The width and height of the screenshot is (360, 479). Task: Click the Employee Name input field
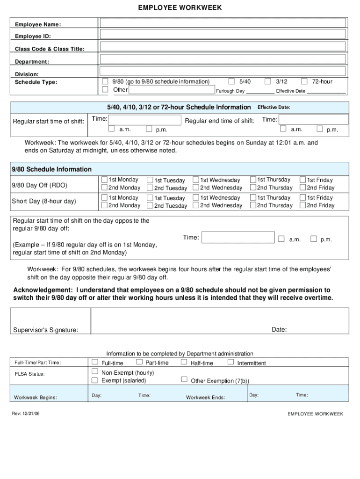pyautogui.click(x=223, y=23)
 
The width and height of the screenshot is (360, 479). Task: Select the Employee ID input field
pyautogui.click(x=223, y=36)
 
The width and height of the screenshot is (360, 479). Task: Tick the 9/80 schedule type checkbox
pyautogui.click(x=105, y=81)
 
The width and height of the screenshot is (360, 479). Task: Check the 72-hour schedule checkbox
pyautogui.click(x=305, y=81)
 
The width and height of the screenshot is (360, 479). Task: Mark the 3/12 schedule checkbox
pyautogui.click(x=268, y=81)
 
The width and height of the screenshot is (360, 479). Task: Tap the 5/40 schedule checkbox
pyautogui.click(x=231, y=81)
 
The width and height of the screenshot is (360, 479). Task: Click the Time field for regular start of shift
pyautogui.click(x=145, y=119)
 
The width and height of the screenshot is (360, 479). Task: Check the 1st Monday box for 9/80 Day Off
pyautogui.click(x=104, y=180)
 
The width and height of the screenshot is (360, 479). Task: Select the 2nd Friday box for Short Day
pyautogui.click(x=302, y=205)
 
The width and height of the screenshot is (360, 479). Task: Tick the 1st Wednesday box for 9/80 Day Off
pyautogui.click(x=196, y=180)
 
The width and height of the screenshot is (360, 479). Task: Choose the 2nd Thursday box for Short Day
pyautogui.click(x=253, y=205)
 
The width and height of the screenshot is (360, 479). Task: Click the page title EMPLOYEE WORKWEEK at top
pyautogui.click(x=180, y=8)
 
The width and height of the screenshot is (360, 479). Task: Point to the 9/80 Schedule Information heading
pyautogui.click(x=52, y=169)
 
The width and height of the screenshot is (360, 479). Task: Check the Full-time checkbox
pyautogui.click(x=95, y=362)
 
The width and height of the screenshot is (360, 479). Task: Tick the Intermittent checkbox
pyautogui.click(x=231, y=362)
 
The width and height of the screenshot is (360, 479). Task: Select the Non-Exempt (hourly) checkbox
pyautogui.click(x=95, y=372)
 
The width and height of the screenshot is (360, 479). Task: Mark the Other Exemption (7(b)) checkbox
pyautogui.click(x=184, y=379)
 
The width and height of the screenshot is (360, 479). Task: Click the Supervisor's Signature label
pyautogui.click(x=45, y=330)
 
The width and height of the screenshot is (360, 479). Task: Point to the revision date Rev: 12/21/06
pyautogui.click(x=26, y=414)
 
